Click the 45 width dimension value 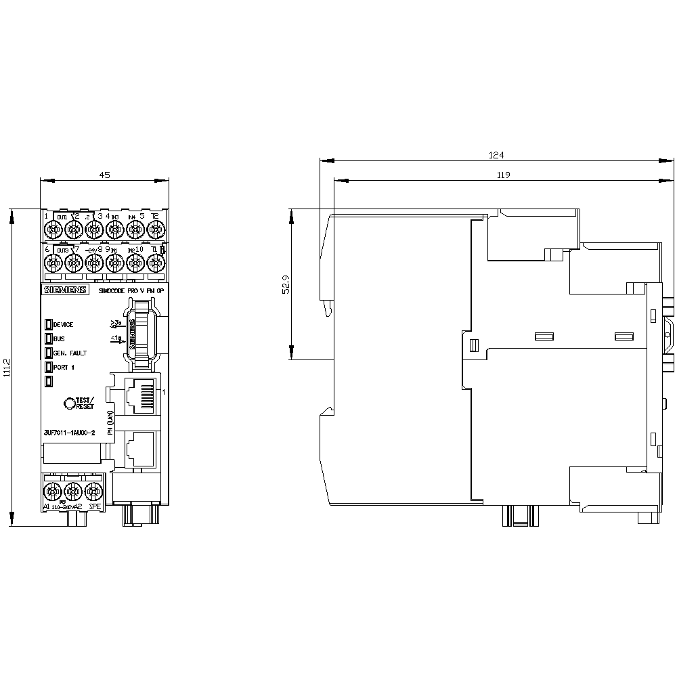104,175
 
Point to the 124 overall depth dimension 497,155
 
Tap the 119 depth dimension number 502,175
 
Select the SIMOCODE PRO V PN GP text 130,290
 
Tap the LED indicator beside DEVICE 49,324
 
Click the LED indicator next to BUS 49,338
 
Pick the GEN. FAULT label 70,353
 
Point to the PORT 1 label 66,367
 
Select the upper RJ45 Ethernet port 138,393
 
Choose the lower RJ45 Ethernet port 138,447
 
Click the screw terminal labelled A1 53,489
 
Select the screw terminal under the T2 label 155,230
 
